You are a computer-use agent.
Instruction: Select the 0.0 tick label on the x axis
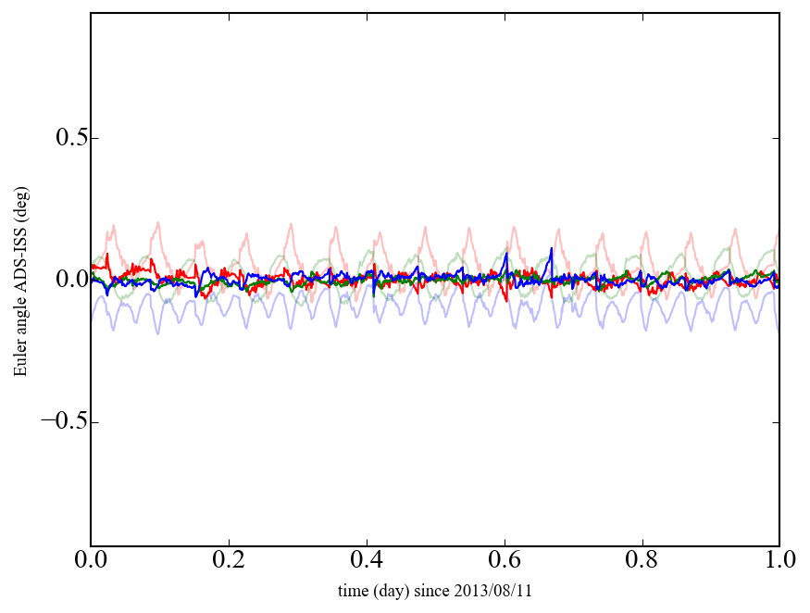pyautogui.click(x=91, y=561)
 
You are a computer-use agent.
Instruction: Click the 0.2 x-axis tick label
pyautogui.click(x=229, y=561)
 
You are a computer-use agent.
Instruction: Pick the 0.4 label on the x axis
pyautogui.click(x=367, y=561)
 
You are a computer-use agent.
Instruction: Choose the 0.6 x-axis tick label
pyautogui.click(x=505, y=561)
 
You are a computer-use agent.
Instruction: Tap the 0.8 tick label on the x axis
pyautogui.click(x=642, y=561)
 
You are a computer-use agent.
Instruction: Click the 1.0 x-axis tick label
pyautogui.click(x=779, y=561)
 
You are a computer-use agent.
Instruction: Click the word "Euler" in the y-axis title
pyautogui.click(x=20, y=358)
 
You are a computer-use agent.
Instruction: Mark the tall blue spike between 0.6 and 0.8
pyautogui.click(x=551, y=250)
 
